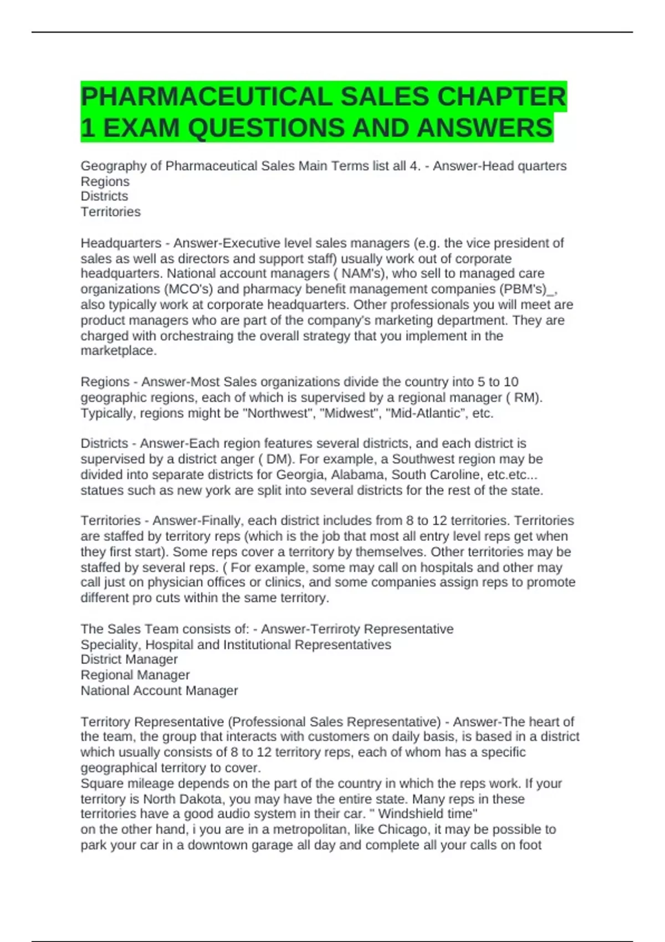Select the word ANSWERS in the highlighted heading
[x=484, y=128]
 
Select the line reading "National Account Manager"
[x=159, y=690]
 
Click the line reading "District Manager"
[x=129, y=659]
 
